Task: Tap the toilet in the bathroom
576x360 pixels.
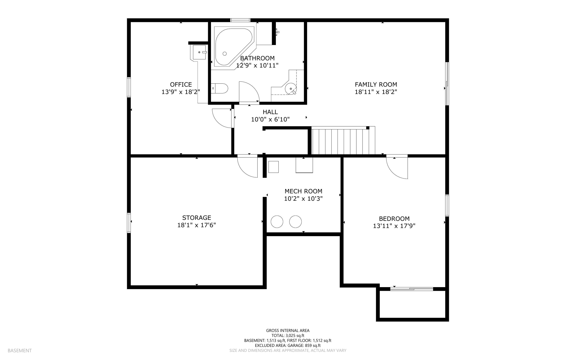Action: point(220,88)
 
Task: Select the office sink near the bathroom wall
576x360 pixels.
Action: point(199,52)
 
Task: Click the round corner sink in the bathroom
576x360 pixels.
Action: point(291,89)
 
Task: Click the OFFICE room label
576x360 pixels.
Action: point(181,84)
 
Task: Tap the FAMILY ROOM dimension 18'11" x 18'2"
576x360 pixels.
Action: point(376,92)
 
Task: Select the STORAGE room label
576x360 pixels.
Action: point(197,218)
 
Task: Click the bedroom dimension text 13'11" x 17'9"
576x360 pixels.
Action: point(394,226)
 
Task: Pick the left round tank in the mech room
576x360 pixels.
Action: point(277,222)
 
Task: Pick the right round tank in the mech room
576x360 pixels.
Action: point(295,222)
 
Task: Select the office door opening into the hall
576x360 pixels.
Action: point(222,118)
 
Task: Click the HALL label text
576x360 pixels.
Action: point(270,112)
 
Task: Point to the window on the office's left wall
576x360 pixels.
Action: point(129,87)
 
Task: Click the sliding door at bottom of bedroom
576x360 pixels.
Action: point(411,289)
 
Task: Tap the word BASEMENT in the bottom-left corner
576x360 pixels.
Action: point(20,350)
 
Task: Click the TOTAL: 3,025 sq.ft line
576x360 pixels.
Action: point(288,336)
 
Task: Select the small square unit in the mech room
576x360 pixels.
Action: point(273,167)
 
